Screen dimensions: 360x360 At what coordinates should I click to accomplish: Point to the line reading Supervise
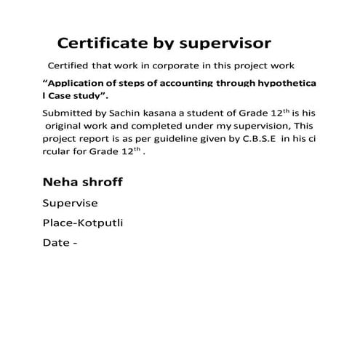click(70, 203)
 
